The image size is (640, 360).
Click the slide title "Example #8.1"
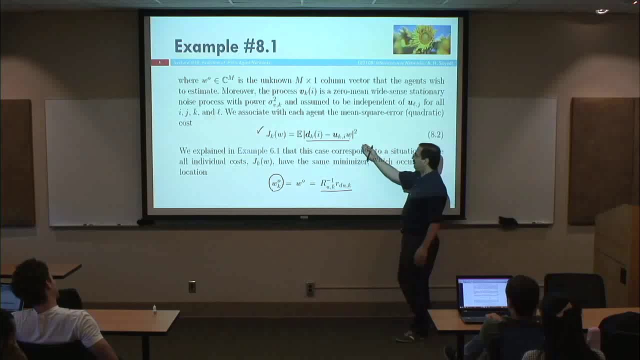pyautogui.click(x=225, y=46)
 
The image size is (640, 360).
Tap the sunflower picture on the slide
pyautogui.click(x=421, y=39)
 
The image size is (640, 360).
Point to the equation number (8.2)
pyautogui.click(x=435, y=134)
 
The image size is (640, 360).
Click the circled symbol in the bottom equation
pyautogui.click(x=276, y=183)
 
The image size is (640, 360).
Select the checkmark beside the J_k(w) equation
pyautogui.click(x=259, y=130)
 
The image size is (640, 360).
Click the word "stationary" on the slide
pyautogui.click(x=426, y=91)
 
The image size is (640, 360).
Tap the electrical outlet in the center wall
pyautogui.click(x=310, y=288)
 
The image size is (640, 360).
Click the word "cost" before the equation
pyautogui.click(x=185, y=123)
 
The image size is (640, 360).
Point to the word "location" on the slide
pyautogui.click(x=193, y=172)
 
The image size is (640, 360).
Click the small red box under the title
pyautogui.click(x=159, y=62)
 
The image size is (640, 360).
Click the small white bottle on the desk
pyautogui.click(x=154, y=309)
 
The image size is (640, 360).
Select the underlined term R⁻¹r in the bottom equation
pyautogui.click(x=336, y=183)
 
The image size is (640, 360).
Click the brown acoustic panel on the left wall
pyautogui.click(x=16, y=162)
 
